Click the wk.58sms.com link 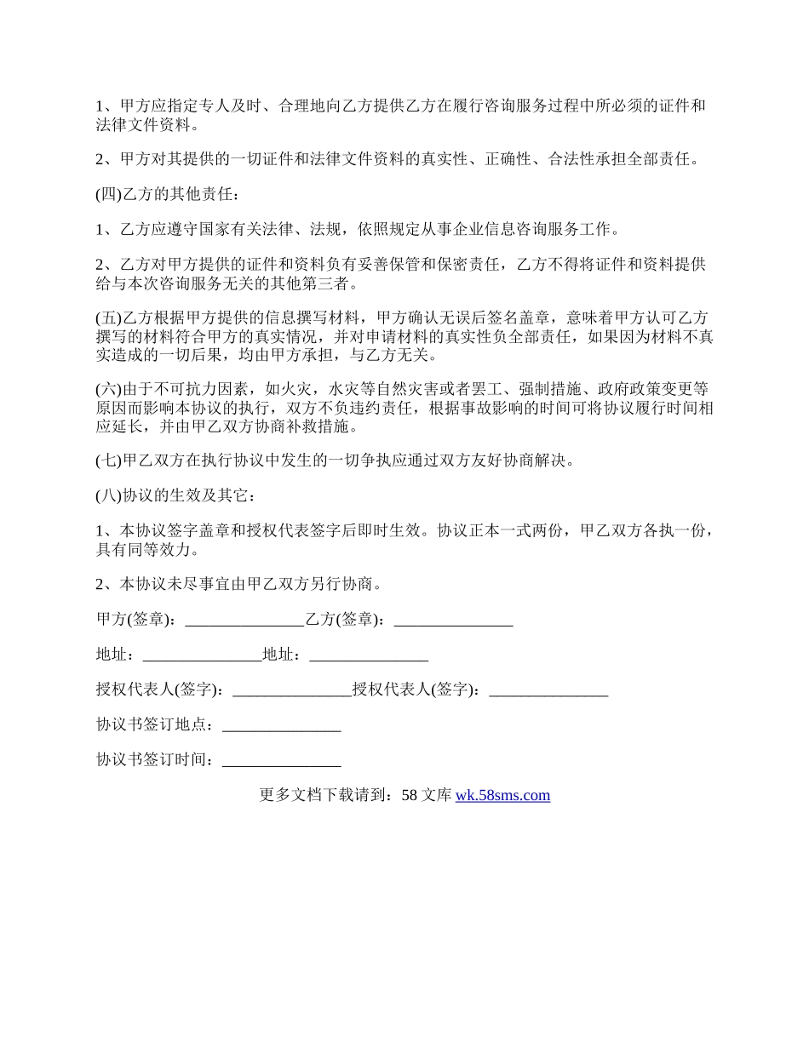(x=502, y=796)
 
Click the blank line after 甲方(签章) (x=244, y=621)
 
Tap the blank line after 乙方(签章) (x=454, y=621)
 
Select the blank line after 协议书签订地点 (x=281, y=726)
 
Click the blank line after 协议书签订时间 (x=281, y=761)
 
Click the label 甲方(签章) (x=136, y=621)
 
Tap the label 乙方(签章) (x=345, y=621)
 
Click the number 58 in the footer (x=409, y=796)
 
